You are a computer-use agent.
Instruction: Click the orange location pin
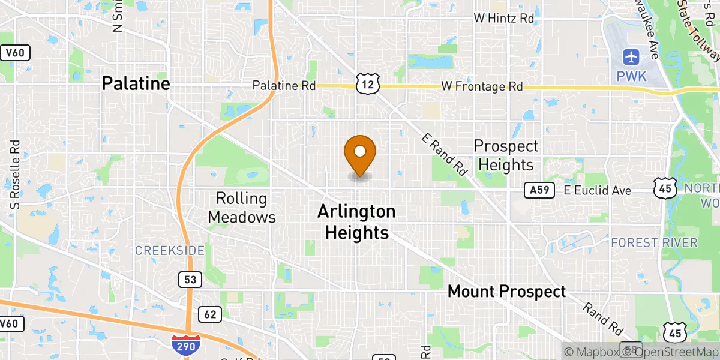[x=360, y=154]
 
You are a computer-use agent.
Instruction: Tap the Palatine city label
[x=136, y=83]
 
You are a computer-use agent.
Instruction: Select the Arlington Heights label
[x=356, y=222]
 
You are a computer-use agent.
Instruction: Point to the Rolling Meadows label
[x=242, y=208]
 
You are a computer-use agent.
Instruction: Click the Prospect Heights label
[x=506, y=155]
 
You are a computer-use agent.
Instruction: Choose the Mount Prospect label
[x=507, y=292]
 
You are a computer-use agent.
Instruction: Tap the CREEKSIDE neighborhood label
[x=169, y=250]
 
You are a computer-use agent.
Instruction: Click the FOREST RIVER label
[x=655, y=243]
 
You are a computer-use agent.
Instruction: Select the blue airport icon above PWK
[x=631, y=58]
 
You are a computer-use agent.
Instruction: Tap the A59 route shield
[x=538, y=190]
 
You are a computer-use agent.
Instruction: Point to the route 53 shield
[x=190, y=279]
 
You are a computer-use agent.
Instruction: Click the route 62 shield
[x=209, y=314]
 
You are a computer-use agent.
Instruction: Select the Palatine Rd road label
[x=284, y=86]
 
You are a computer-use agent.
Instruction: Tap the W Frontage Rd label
[x=482, y=86]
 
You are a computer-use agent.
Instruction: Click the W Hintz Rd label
[x=503, y=19]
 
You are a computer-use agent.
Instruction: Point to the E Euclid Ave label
[x=597, y=191]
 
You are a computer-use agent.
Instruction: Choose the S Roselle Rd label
[x=16, y=174]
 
